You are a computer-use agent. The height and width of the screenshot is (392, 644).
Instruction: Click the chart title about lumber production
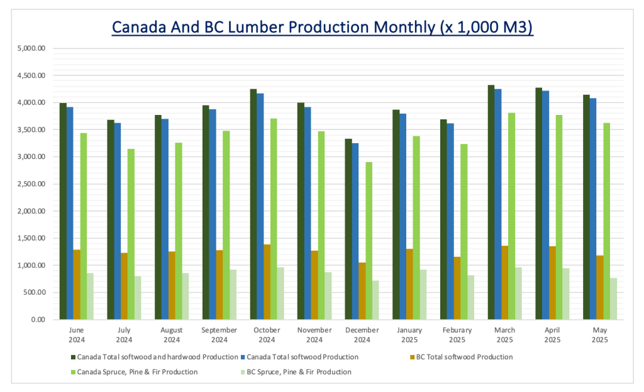322,28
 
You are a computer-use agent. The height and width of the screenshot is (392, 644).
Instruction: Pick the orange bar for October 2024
267,282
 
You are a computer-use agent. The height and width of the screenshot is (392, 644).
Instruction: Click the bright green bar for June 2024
84,226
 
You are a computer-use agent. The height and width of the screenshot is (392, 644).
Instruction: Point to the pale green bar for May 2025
613,298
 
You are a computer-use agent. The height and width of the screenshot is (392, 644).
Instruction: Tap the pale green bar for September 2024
233,295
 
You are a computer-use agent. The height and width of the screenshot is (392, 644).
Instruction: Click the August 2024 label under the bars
172,335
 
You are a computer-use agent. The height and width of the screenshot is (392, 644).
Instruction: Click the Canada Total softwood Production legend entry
303,357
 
